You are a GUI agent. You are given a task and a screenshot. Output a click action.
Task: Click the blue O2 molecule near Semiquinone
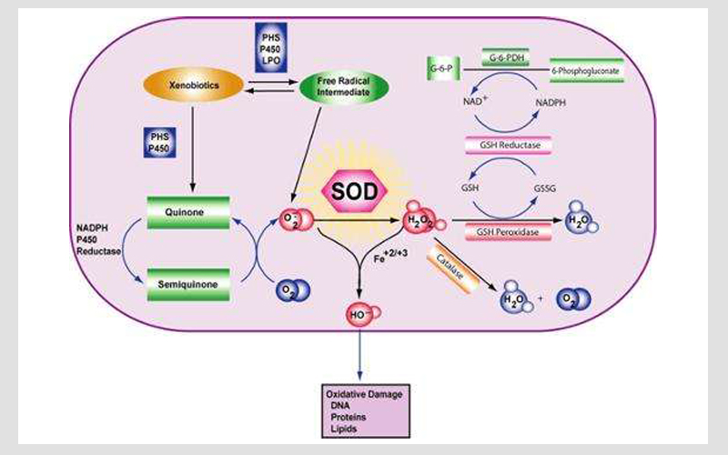coord(293,291)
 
